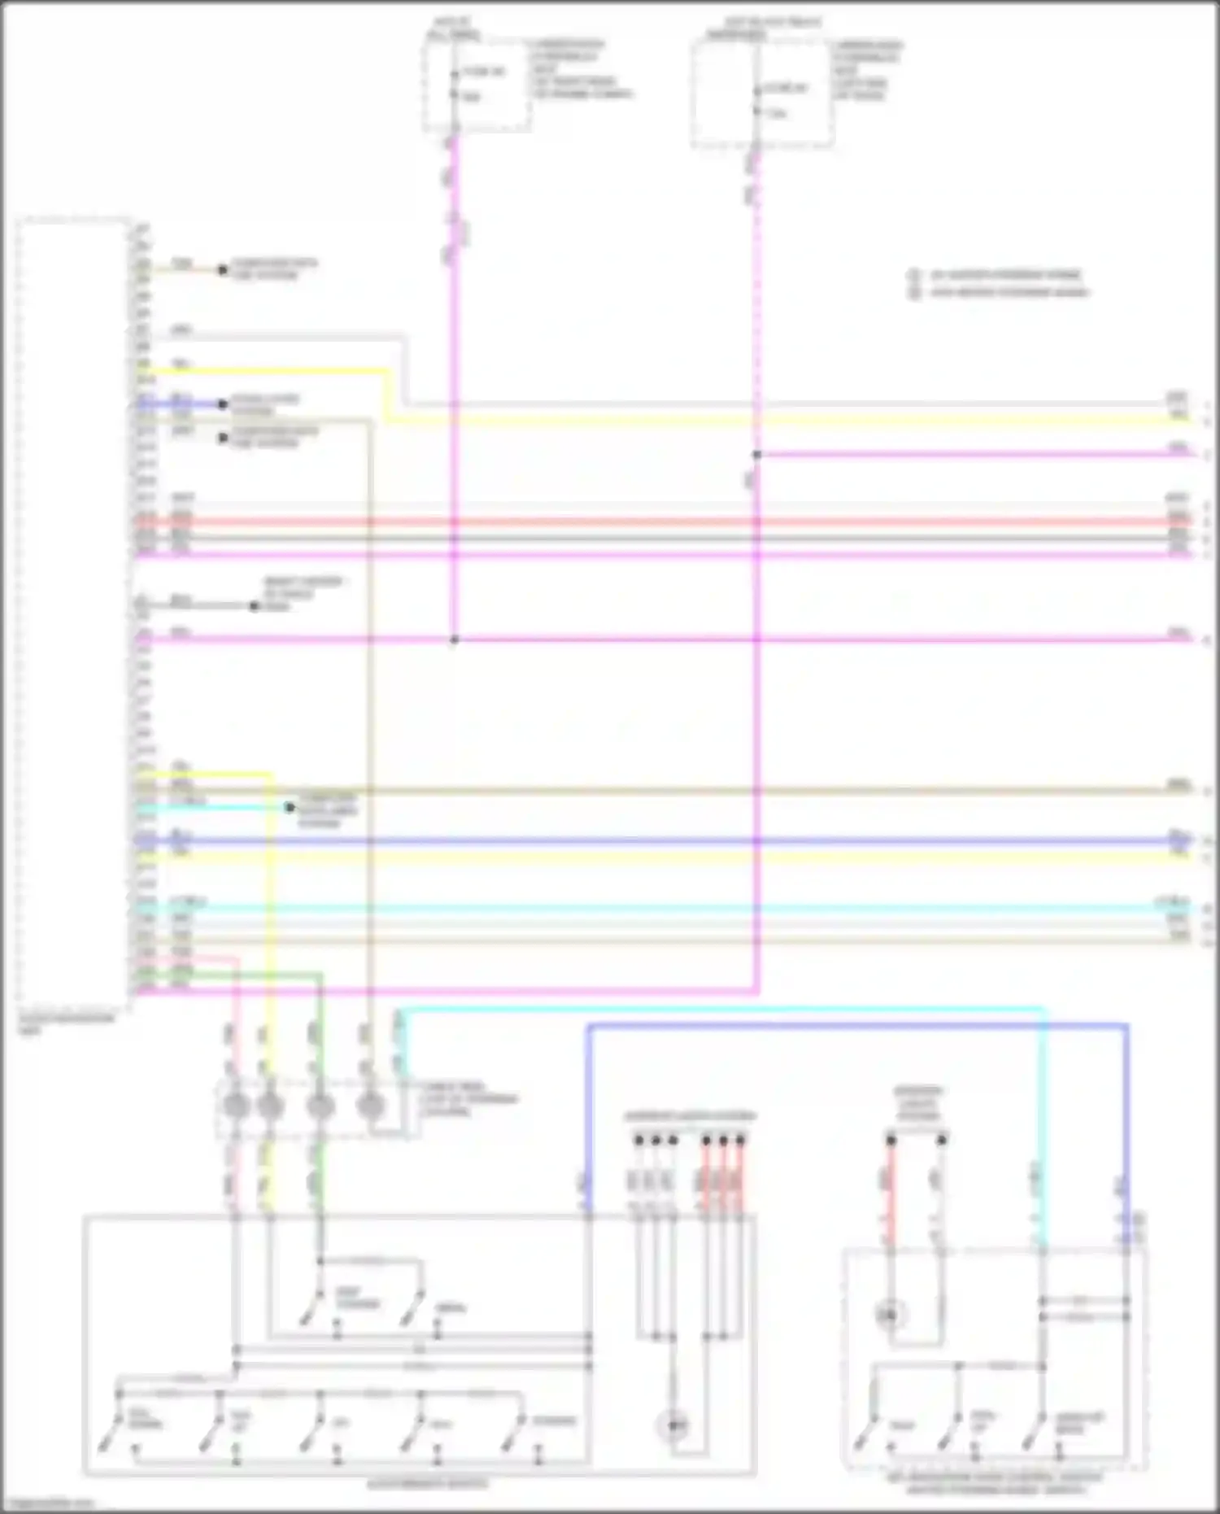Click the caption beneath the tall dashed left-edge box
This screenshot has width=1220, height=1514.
coord(67,1023)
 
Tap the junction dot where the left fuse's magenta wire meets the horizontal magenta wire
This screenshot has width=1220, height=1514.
coord(455,640)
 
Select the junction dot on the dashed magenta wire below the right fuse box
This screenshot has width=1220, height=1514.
coord(756,455)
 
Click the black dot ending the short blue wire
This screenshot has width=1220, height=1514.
coord(222,404)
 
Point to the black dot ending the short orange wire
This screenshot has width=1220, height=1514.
coord(222,269)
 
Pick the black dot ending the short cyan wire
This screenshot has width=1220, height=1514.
coord(289,808)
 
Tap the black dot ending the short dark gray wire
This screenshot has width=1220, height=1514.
coord(254,606)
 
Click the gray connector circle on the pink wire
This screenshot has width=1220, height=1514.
coord(236,1106)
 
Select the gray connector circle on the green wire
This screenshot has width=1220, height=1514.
coord(320,1106)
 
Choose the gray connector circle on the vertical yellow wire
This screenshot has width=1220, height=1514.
coord(269,1106)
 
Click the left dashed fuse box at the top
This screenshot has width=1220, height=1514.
coord(477,85)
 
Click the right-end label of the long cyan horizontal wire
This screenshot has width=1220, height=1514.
coord(1172,902)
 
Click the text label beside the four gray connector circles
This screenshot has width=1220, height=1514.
coord(468,1099)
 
